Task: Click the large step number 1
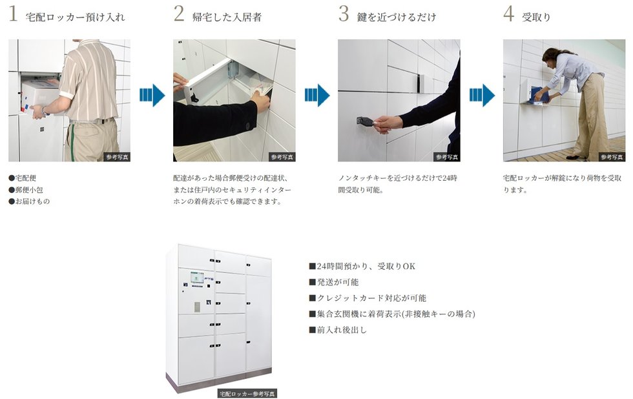point(14,14)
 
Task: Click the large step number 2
point(179,14)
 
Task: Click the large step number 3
point(344,14)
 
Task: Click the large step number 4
point(509,14)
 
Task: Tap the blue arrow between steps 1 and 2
point(152,95)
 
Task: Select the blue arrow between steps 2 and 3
point(317,95)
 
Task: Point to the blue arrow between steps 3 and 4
point(482,95)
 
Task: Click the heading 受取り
point(536,17)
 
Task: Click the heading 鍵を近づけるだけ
point(397,17)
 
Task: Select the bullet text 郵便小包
point(29,190)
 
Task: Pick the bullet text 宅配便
point(26,178)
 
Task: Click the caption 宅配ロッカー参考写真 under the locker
point(247,393)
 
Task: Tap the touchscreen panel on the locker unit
point(198,278)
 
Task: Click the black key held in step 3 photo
point(365,121)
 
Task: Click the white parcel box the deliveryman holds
point(39,97)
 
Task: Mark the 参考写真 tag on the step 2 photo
point(282,157)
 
